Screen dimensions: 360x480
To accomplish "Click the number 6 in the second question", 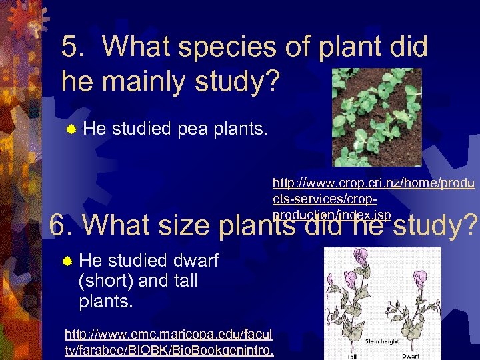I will (59, 225).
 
